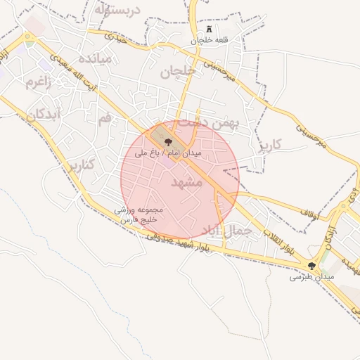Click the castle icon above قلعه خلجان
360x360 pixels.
point(209,29)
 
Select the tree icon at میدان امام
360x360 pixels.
point(167,141)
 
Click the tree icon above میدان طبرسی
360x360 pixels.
point(312,266)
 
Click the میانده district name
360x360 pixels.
point(96,58)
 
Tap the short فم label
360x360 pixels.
point(105,118)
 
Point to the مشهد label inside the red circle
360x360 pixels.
point(186,182)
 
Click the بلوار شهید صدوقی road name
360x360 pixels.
point(179,243)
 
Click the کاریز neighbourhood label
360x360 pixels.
point(269,145)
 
